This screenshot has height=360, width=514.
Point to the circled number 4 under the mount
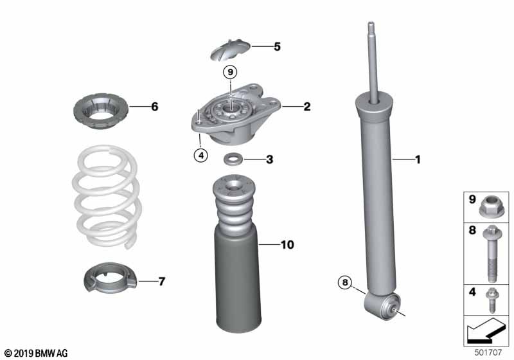[x=202, y=155]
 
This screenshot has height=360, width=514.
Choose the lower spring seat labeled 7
[x=111, y=278]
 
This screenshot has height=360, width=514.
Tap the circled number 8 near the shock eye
[x=346, y=282]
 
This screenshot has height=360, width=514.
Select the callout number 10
[x=287, y=244]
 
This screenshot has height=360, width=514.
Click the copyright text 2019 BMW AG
[x=35, y=353]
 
